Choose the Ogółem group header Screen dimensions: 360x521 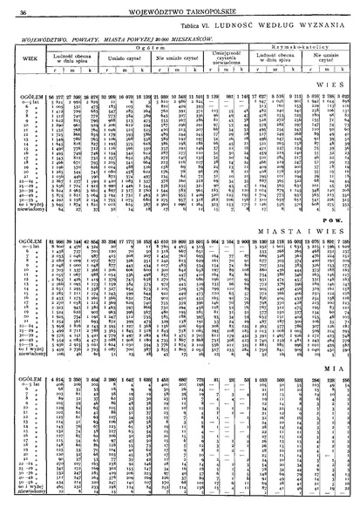pos(140,49)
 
